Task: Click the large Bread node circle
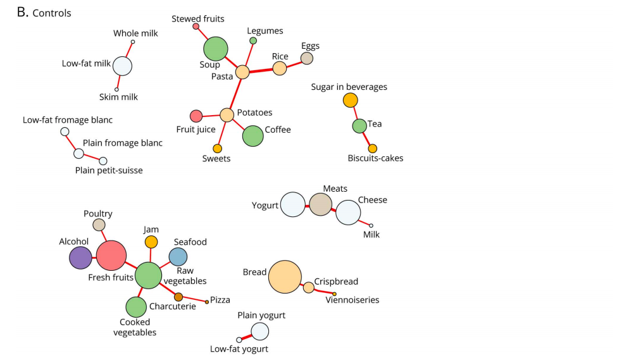pos(285,276)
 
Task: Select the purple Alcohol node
pos(80,258)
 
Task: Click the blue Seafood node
pos(178,256)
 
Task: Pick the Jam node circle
pos(151,242)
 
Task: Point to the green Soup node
pos(215,48)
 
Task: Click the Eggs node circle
pos(307,58)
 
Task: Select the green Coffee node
pos(252,135)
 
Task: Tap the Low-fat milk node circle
pos(122,65)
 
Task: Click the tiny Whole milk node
pos(133,42)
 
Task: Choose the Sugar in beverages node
pos(350,100)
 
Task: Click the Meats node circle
pos(320,205)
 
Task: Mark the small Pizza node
pos(207,302)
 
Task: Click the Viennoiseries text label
pos(352,300)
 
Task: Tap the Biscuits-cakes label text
pos(375,158)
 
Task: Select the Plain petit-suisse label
pos(109,170)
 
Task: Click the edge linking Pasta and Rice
pos(261,70)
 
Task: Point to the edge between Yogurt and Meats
pos(307,205)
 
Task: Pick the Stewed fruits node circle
pos(196,26)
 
